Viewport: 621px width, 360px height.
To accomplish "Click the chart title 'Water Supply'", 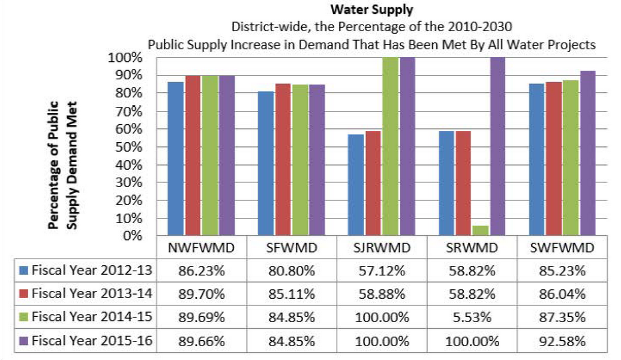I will tap(371, 10).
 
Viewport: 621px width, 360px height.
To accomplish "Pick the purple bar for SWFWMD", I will tap(587, 153).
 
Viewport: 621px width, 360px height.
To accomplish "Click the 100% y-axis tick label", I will tap(125, 58).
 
